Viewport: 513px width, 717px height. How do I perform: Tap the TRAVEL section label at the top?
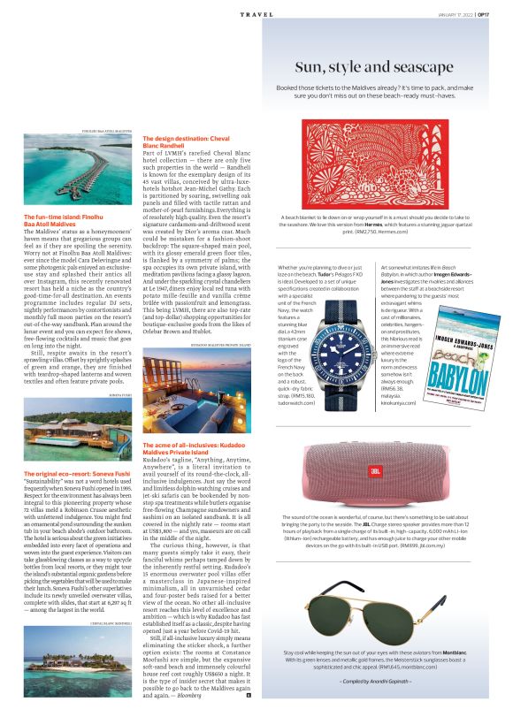255,14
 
